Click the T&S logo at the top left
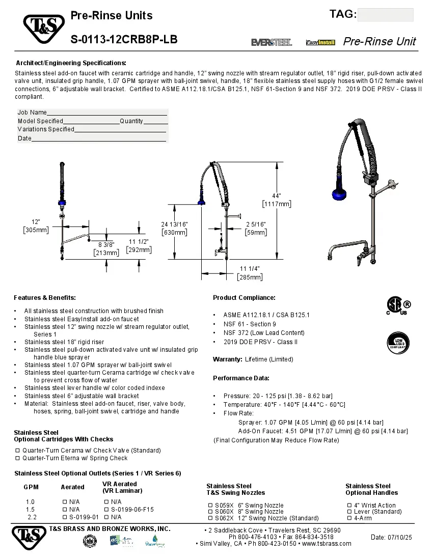[x=43, y=29]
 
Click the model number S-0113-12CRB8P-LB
[x=124, y=39]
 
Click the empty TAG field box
[x=385, y=15]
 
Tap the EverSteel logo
[x=272, y=42]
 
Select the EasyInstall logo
[x=320, y=42]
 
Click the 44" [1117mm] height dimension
[x=277, y=200]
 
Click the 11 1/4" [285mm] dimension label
[x=250, y=273]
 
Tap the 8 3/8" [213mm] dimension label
[x=106, y=248]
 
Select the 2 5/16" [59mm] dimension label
[x=255, y=228]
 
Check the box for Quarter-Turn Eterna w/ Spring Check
[x=17, y=458]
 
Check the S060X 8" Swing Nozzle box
[x=210, y=512]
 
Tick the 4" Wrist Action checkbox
[x=349, y=506]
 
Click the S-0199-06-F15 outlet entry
[x=132, y=509]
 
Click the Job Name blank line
[x=107, y=113]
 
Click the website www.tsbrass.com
[x=327, y=543]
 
